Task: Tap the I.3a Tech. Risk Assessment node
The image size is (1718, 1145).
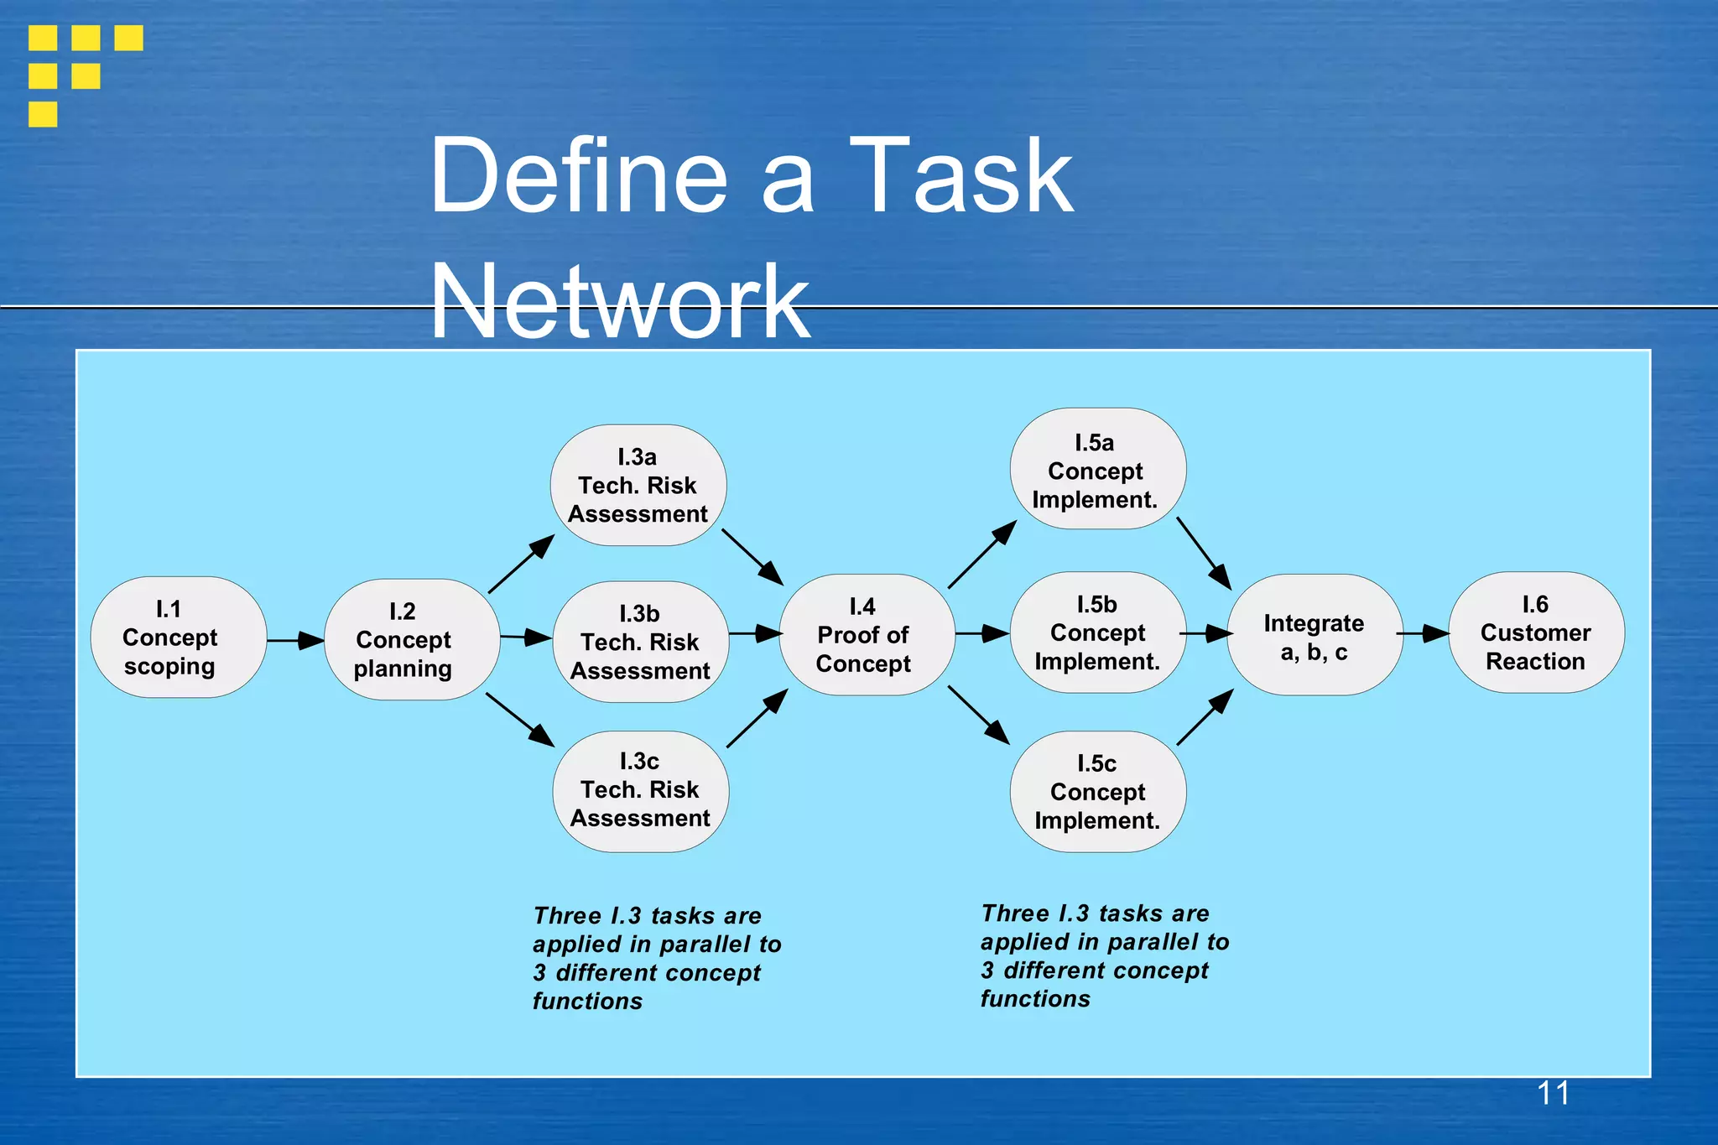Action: click(x=638, y=486)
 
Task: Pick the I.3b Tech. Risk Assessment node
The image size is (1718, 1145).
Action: click(x=641, y=643)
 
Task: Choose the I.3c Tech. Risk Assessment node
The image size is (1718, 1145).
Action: click(x=641, y=791)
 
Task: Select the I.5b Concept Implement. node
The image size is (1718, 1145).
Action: click(x=1098, y=633)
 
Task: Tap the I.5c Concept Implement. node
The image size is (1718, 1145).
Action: click(x=1098, y=792)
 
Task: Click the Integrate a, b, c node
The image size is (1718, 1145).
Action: click(x=1315, y=636)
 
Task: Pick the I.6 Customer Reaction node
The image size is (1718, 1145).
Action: click(x=1536, y=633)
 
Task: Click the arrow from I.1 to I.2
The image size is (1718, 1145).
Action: click(x=295, y=641)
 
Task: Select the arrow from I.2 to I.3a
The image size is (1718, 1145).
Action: click(x=521, y=564)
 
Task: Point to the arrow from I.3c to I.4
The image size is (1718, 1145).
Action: click(x=757, y=719)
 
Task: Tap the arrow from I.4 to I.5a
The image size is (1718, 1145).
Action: click(x=981, y=555)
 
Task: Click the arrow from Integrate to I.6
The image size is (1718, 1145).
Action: click(x=1423, y=634)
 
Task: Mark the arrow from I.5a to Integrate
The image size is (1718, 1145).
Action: click(x=1204, y=553)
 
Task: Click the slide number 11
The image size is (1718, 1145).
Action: click(x=1553, y=1094)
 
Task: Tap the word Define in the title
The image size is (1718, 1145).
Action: click(x=579, y=177)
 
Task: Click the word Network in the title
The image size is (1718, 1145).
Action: click(x=620, y=302)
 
